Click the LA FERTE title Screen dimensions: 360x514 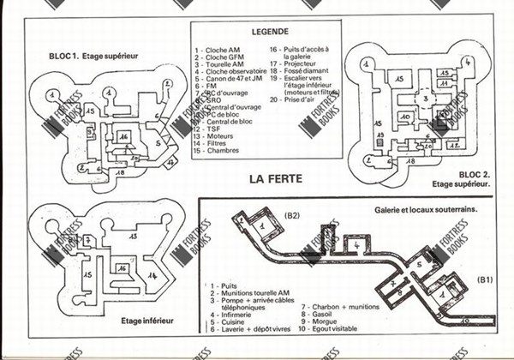point(278,180)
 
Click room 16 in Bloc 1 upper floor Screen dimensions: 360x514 point(123,136)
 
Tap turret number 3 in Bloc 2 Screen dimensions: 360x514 point(421,100)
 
